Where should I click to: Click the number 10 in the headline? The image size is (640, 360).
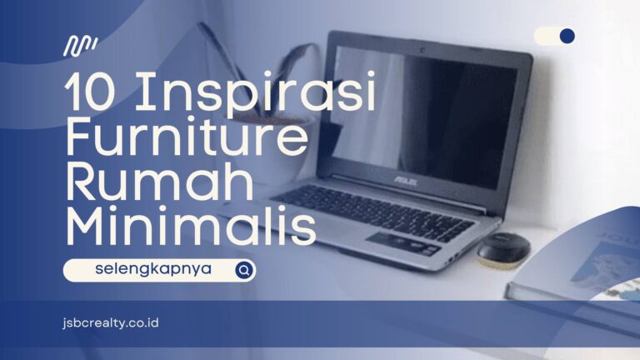(x=88, y=92)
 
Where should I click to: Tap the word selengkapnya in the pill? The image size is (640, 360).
(x=153, y=269)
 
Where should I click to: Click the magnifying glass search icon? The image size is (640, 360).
(x=244, y=270)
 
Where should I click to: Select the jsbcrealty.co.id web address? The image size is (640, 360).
(x=111, y=323)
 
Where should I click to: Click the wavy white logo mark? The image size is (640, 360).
(x=80, y=45)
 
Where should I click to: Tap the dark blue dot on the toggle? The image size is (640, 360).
(x=567, y=36)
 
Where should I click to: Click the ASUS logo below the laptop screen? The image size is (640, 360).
(x=405, y=180)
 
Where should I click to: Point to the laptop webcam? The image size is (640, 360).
(x=422, y=50)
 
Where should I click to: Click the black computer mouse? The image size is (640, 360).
(x=503, y=249)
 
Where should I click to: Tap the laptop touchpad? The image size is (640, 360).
(x=401, y=242)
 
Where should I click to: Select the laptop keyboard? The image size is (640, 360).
(x=373, y=212)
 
